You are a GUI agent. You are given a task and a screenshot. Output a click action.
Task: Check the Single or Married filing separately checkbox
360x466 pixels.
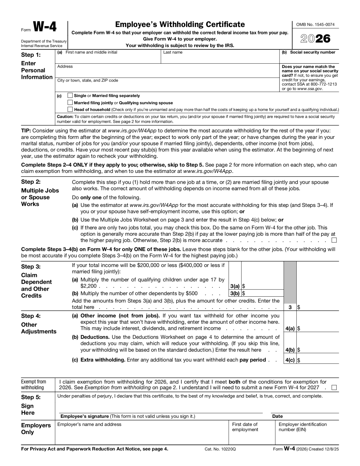70,96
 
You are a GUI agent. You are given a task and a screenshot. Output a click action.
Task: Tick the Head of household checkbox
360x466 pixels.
70,110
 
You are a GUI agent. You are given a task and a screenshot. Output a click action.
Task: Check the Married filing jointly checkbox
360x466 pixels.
70,103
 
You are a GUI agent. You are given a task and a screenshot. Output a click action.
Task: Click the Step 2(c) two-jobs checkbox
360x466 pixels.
334,241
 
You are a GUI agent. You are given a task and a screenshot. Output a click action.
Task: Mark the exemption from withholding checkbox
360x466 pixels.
334,387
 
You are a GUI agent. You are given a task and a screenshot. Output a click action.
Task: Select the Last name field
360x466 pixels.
220,59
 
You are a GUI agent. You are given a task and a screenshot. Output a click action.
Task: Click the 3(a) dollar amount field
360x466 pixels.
262,286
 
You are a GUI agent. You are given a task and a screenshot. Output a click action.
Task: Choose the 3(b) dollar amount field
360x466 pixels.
262,293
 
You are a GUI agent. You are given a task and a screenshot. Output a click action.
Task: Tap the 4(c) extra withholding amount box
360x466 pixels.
318,360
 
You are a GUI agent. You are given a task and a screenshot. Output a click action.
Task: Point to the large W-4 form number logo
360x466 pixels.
45,27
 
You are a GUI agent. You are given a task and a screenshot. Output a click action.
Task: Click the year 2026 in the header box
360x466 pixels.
315,39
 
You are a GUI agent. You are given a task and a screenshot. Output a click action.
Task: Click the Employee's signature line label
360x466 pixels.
128,416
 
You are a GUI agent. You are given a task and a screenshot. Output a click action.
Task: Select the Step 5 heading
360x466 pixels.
31,397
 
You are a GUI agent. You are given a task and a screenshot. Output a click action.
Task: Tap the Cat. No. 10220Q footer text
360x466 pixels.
220,449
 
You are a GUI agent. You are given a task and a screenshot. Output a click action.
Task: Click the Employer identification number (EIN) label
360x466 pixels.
303,427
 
